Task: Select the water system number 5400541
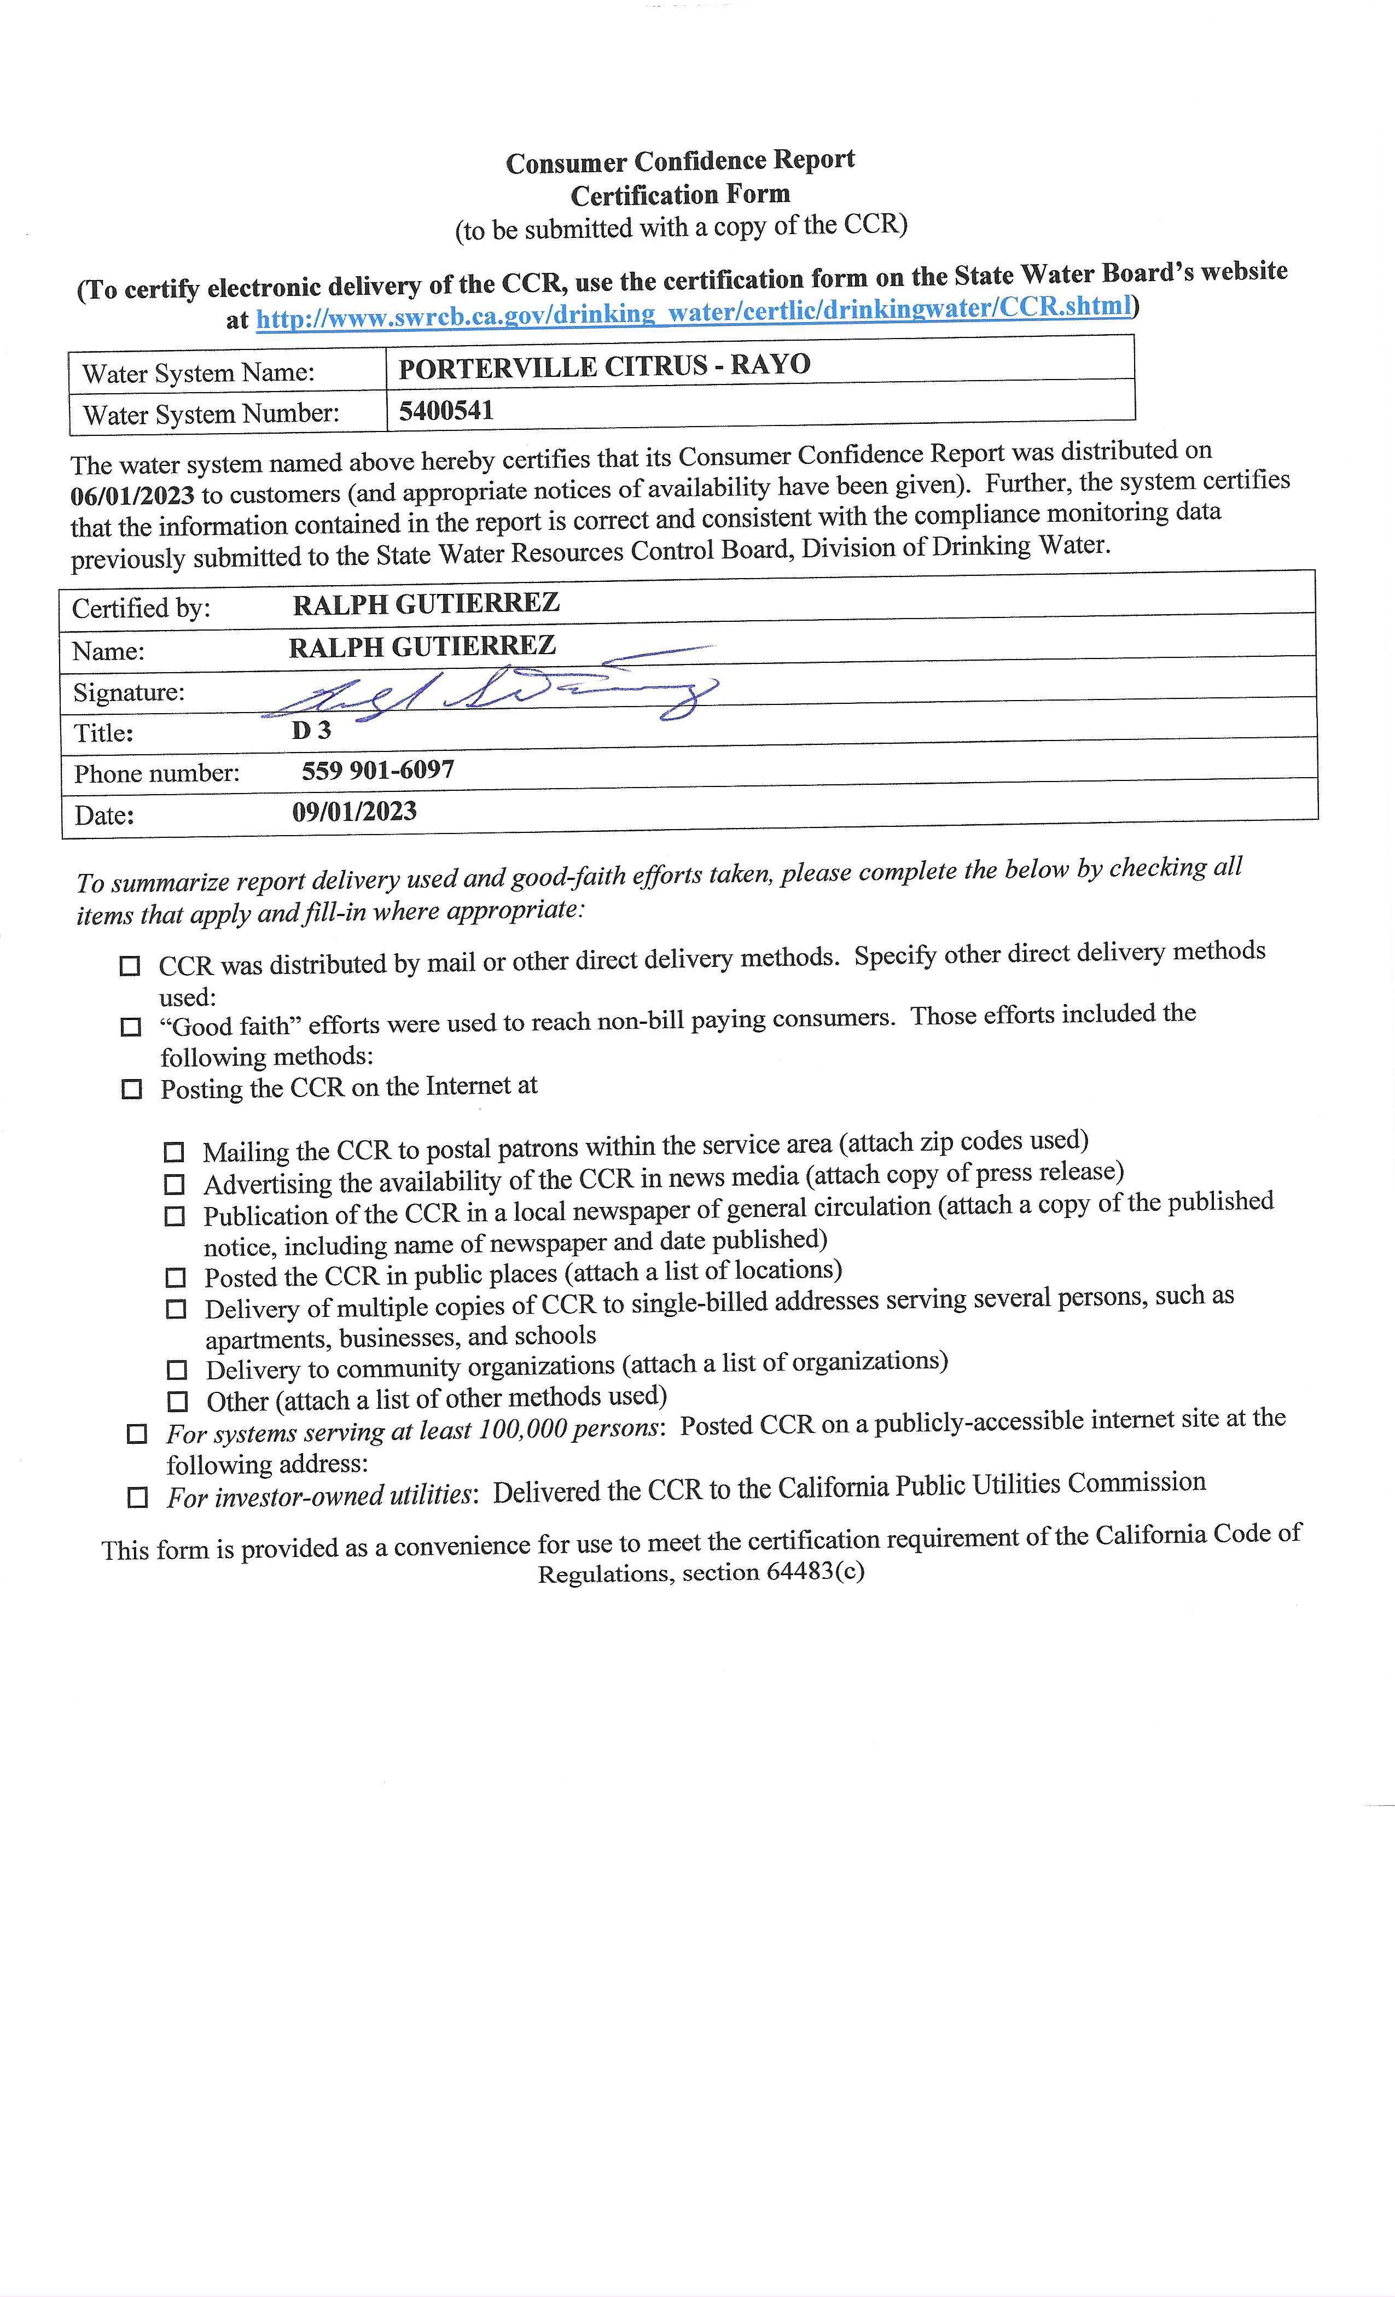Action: coord(446,410)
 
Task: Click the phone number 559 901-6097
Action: coord(377,770)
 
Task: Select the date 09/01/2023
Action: coord(354,811)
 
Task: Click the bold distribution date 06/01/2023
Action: coord(132,494)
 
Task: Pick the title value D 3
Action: coord(311,731)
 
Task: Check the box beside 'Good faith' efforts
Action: coord(131,1027)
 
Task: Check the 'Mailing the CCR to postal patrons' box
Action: coord(173,1152)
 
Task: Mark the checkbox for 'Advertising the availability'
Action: coord(175,1184)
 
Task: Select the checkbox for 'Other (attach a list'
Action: coord(177,1401)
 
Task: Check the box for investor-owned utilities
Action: coord(137,1498)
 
